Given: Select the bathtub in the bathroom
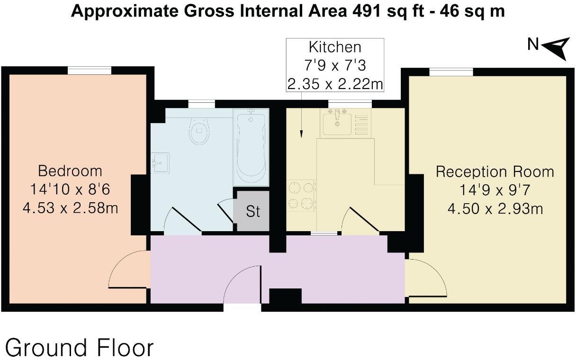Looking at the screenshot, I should [251, 147].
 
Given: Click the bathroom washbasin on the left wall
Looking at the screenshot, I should [160, 162].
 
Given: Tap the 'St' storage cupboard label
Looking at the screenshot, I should [253, 211].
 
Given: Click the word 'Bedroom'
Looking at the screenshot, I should [70, 171].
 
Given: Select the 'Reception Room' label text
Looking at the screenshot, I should [495, 171].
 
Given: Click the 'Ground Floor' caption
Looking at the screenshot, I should [80, 348].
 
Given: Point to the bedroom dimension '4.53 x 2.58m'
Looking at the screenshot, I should [70, 207].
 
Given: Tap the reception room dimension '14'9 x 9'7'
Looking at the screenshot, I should [495, 190].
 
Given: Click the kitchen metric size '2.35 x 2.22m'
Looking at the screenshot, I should [335, 84].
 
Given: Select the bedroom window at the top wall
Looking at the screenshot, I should [89, 71].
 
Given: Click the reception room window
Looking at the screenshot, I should [451, 72].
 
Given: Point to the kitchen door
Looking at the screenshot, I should [360, 220].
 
